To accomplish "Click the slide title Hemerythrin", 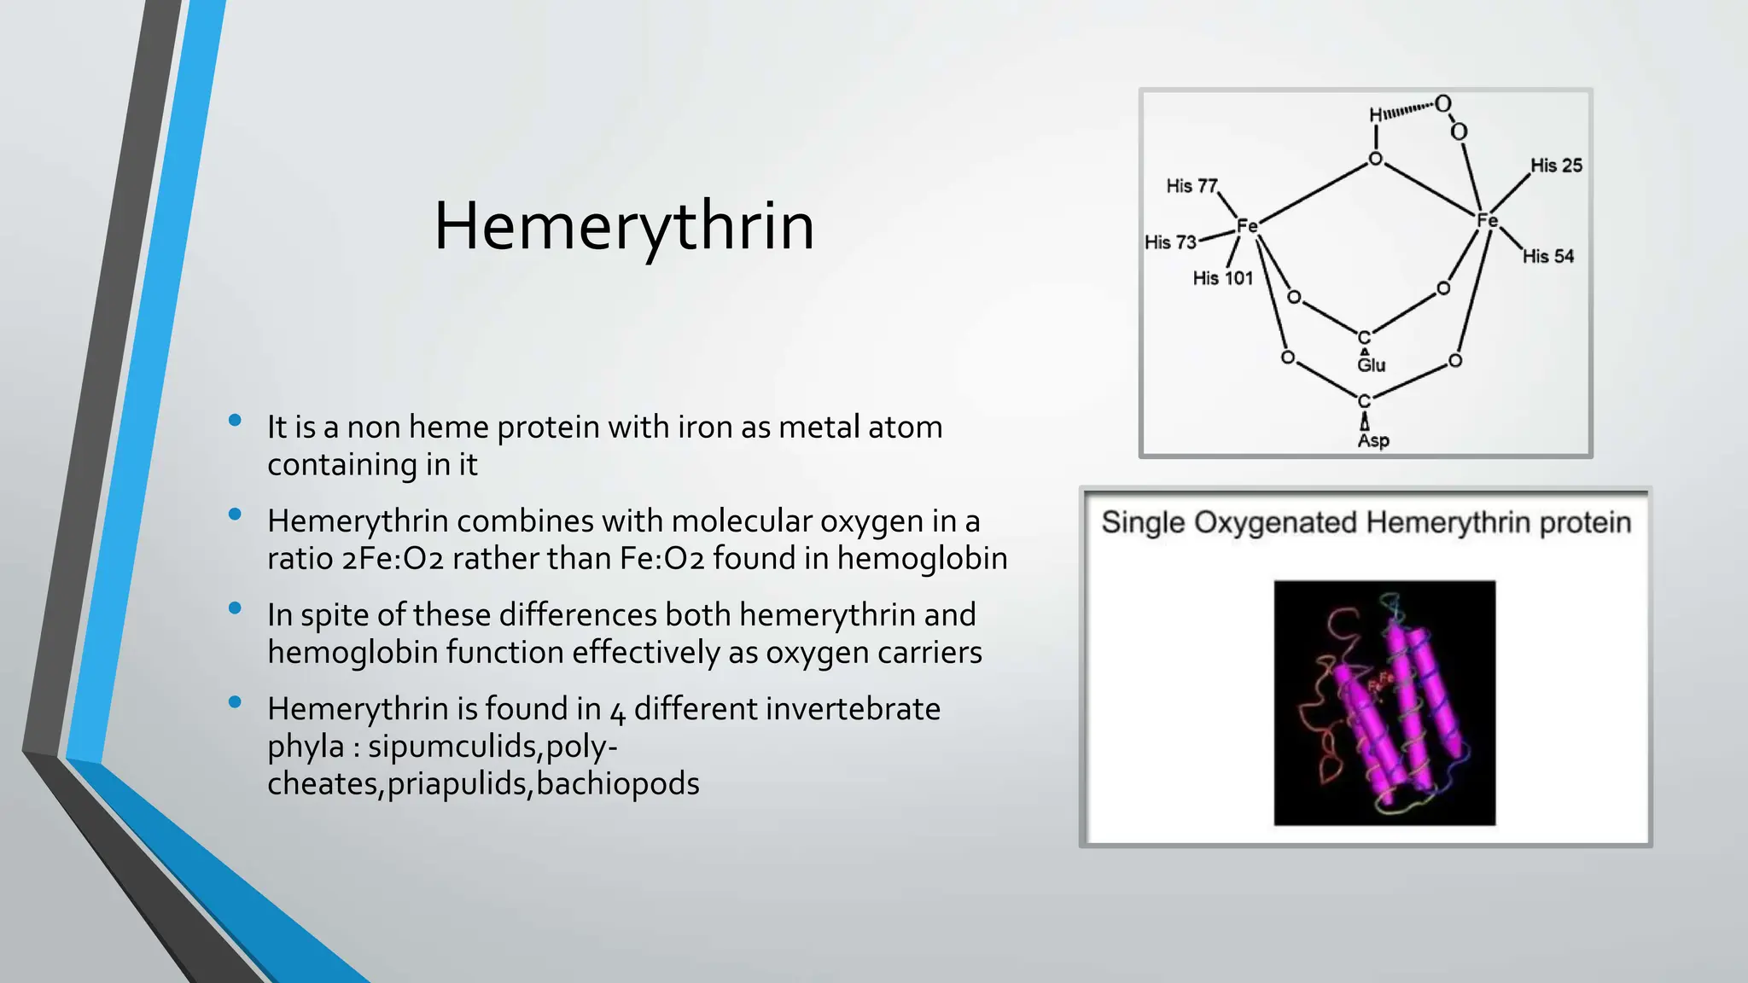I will click(x=624, y=227).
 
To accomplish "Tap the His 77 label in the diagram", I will click(x=1192, y=186).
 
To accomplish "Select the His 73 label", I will click(x=1170, y=242).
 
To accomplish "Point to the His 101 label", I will click(x=1222, y=278).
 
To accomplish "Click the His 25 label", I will click(x=1555, y=166).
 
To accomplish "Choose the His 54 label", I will click(x=1547, y=256).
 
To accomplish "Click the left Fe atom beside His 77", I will click(x=1247, y=226).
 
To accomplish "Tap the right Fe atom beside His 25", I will click(x=1487, y=221).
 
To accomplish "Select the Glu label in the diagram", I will click(x=1371, y=365).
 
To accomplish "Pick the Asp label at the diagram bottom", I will click(x=1372, y=440).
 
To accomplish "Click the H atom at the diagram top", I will click(x=1375, y=115).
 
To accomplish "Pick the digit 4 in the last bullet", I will click(x=617, y=711).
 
